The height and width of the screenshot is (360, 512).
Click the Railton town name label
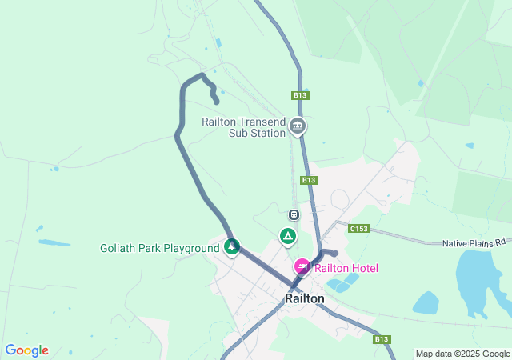pos(305,298)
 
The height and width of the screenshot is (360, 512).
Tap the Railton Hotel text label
pos(346,268)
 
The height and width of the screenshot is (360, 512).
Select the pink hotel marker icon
pos(302,266)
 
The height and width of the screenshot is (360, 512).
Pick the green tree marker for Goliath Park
pos(232,247)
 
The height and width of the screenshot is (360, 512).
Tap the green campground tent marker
pos(287,236)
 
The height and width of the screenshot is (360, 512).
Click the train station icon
pos(294,214)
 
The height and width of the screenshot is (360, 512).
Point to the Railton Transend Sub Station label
pos(243,127)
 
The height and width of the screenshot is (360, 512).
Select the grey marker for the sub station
pos(298,126)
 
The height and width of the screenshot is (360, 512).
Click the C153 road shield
pos(358,229)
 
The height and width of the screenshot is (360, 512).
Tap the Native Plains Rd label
pos(476,242)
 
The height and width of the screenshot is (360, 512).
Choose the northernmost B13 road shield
pos(300,95)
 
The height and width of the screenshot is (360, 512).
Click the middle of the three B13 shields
pos(309,180)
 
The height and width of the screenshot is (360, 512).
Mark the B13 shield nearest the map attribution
pos(382,339)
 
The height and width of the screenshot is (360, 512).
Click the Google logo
pos(26,350)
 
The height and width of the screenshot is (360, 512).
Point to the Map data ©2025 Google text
pos(462,354)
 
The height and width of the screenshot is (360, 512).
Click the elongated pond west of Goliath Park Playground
pos(54,242)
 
